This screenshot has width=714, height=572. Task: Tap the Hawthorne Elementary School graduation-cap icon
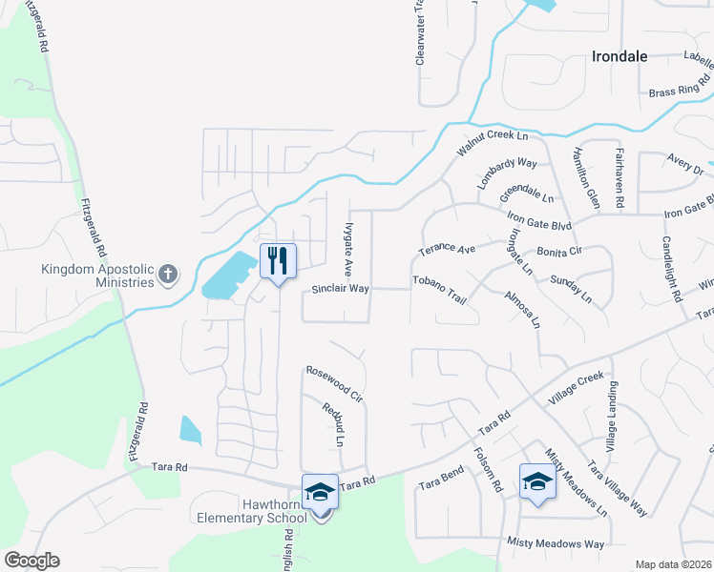pos(320,492)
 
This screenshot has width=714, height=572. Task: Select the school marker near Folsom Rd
pos(537,481)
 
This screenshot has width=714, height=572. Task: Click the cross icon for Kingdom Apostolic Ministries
pos(168,276)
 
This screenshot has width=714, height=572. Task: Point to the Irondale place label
pos(619,56)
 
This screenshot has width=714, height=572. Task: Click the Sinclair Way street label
pos(340,288)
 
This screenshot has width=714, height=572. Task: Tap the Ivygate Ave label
pos(348,246)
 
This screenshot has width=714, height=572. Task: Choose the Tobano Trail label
pos(438,290)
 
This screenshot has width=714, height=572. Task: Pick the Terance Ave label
pos(447,250)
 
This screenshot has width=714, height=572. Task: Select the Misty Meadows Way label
pos(556,544)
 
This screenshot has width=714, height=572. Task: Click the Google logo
pos(31,561)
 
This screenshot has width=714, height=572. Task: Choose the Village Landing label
pos(613,417)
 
